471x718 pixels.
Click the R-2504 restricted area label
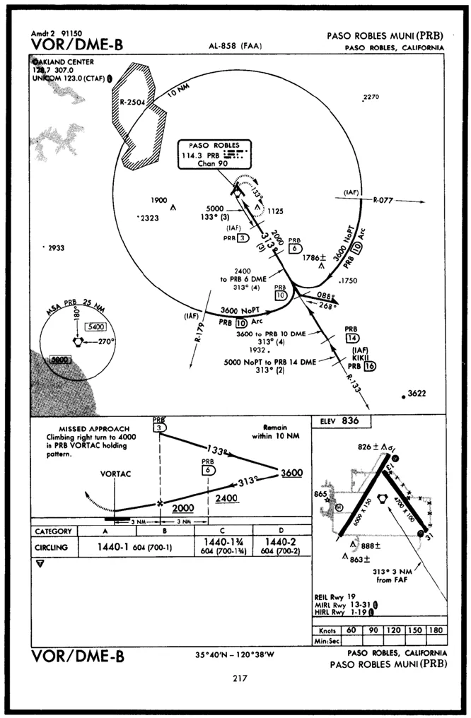point(132,102)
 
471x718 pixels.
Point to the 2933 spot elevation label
point(54,248)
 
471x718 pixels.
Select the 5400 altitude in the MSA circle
point(93,326)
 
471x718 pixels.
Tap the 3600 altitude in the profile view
point(291,473)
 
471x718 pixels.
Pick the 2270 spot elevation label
point(371,97)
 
